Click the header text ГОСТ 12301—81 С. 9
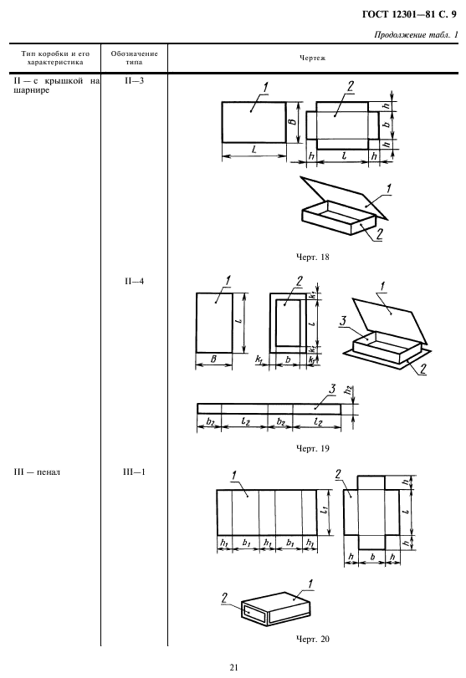click(409, 15)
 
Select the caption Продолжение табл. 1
click(416, 35)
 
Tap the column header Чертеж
click(312, 58)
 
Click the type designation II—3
click(134, 81)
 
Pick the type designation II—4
click(134, 282)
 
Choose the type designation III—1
click(134, 472)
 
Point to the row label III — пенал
click(37, 472)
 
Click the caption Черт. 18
click(312, 257)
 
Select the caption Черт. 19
click(312, 448)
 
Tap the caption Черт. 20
click(312, 639)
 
